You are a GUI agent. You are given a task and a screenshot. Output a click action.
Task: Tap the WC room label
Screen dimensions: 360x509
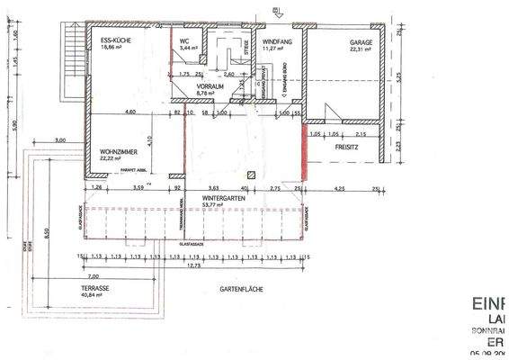tap(183, 41)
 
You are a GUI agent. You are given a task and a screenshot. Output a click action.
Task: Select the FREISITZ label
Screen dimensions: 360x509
tap(348, 145)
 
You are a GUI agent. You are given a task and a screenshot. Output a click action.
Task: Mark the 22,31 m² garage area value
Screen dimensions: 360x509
tap(361, 49)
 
